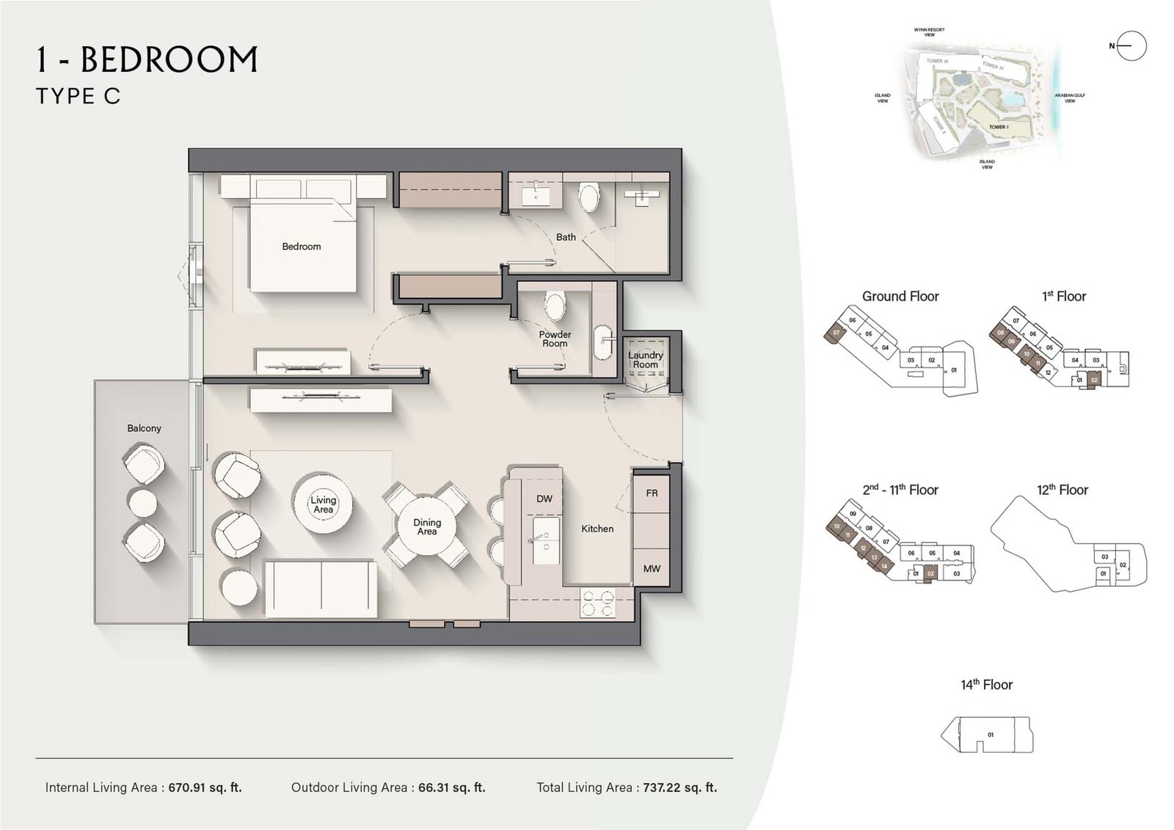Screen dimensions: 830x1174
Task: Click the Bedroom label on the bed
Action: click(x=301, y=246)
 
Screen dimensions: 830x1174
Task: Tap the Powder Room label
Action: click(x=555, y=339)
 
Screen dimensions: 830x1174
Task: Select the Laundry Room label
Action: click(x=645, y=359)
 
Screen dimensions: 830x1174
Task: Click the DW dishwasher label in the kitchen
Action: click(x=544, y=499)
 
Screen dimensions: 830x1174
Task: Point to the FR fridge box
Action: click(x=652, y=494)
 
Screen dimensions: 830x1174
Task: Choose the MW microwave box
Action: click(x=652, y=568)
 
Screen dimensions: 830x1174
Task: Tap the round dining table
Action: click(x=427, y=526)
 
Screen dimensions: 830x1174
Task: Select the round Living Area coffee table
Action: click(x=323, y=504)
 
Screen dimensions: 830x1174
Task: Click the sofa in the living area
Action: click(x=321, y=590)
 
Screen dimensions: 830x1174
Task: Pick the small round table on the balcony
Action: click(x=143, y=503)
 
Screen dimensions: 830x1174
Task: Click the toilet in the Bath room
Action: click(x=588, y=197)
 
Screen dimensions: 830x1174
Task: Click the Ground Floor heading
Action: click(x=900, y=296)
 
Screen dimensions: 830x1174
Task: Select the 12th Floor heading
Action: click(x=1062, y=490)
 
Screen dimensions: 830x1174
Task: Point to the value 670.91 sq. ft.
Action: click(x=205, y=787)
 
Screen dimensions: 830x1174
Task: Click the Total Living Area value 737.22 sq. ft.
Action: click(x=679, y=787)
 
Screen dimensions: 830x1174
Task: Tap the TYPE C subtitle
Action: click(x=79, y=96)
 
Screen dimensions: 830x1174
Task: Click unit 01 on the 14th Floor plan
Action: click(x=991, y=734)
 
